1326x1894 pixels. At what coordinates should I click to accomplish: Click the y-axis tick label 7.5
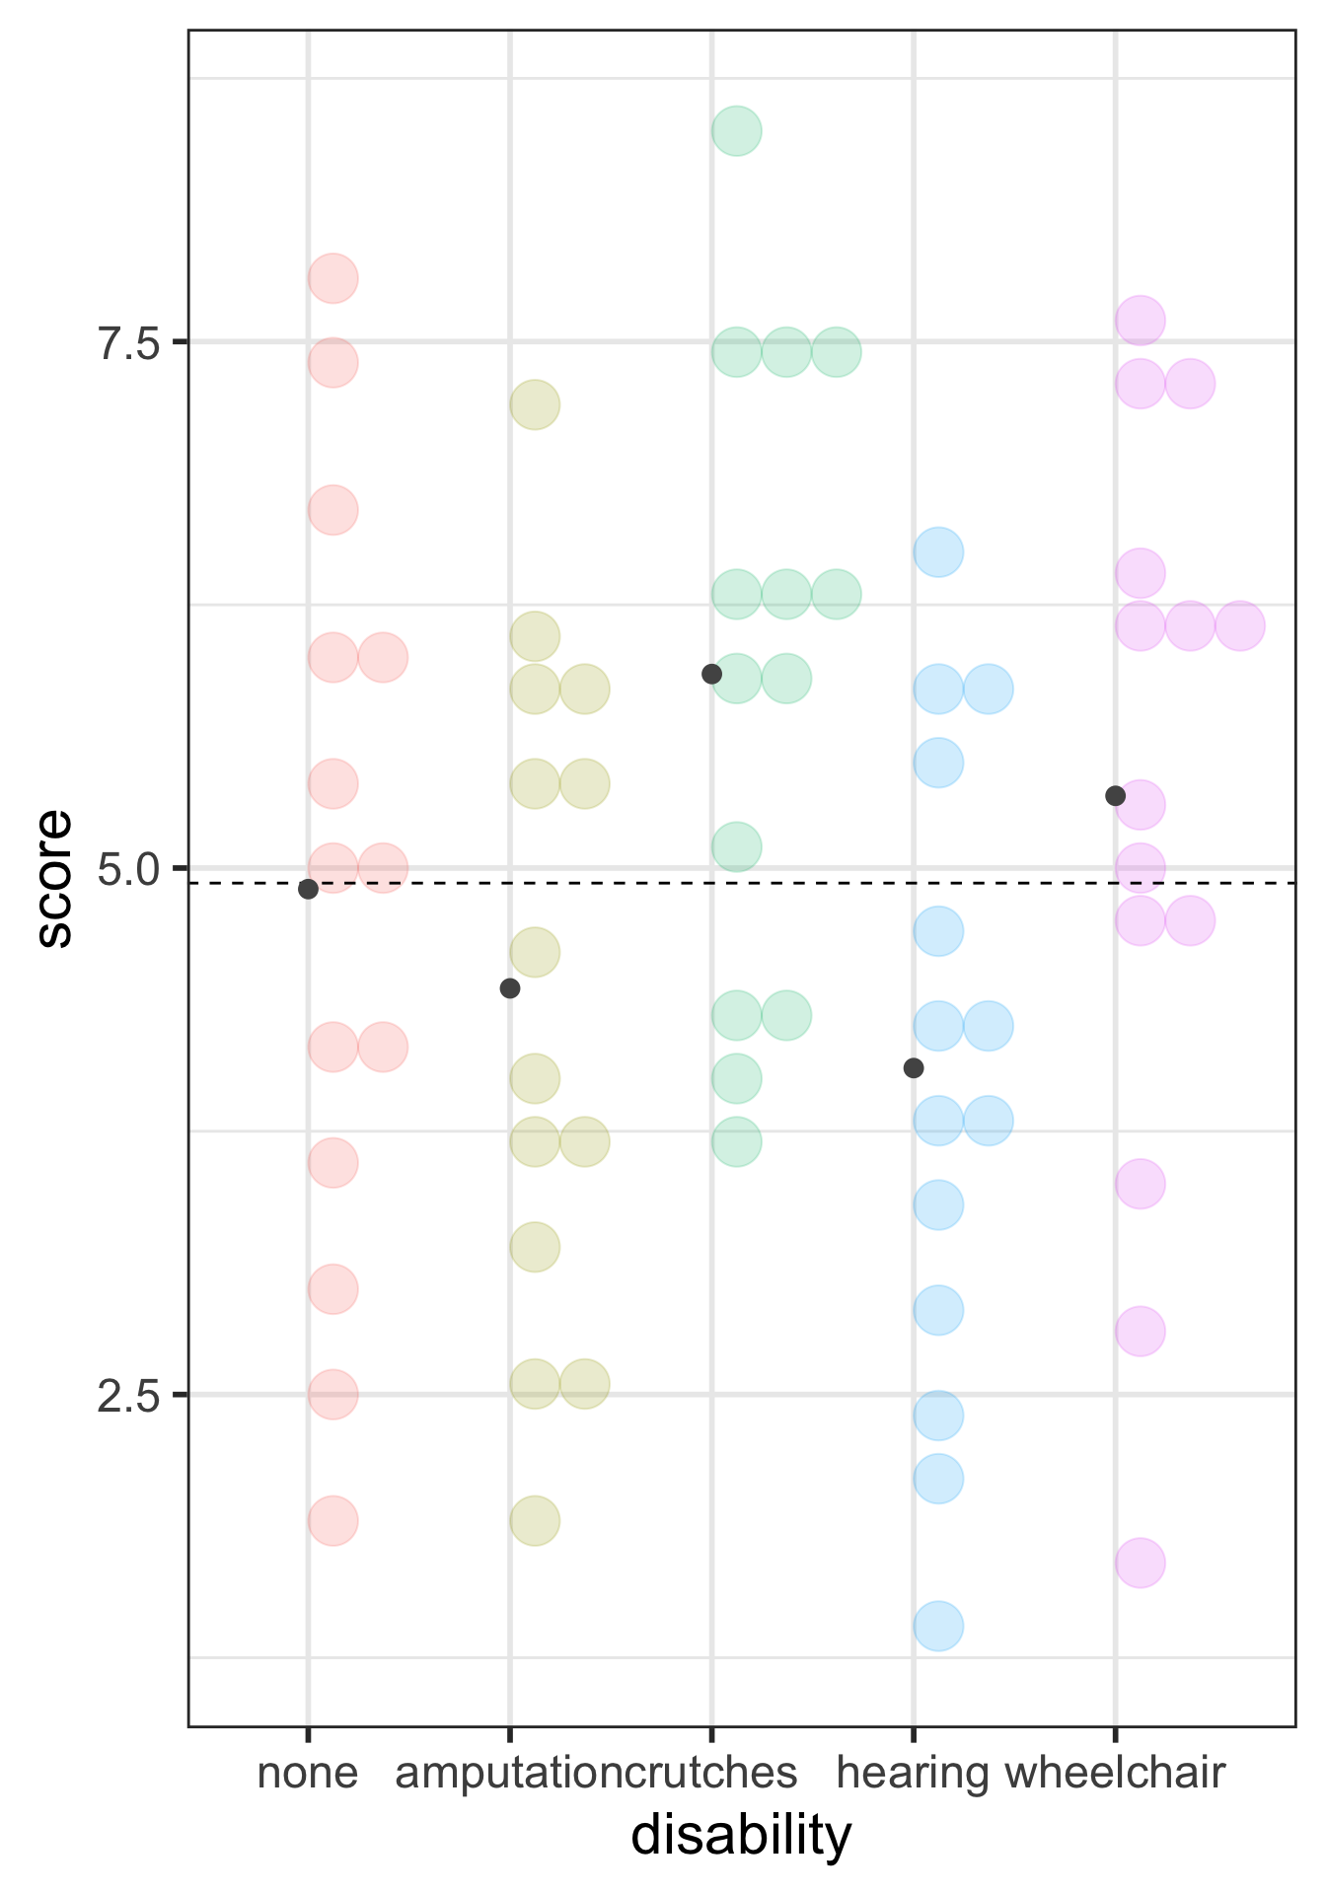pos(128,342)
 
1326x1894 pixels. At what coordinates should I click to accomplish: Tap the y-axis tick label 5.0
pos(128,869)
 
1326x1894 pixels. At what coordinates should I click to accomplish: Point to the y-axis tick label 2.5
pos(128,1396)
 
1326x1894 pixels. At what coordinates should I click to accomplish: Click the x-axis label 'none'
pos(307,1773)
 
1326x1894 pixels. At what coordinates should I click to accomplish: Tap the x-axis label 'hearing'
pos(912,1773)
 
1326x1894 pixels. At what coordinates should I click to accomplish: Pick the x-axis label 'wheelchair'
pos(1115,1773)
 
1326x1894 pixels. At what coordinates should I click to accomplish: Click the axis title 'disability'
pos(741,1836)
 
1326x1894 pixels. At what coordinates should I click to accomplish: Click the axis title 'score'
pos(54,878)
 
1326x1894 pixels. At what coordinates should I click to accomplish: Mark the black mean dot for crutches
pos(711,674)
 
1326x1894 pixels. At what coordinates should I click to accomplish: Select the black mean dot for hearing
pos(914,1067)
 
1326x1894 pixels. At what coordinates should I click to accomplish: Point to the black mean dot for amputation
pos(509,987)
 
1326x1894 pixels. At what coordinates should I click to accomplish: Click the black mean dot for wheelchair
pos(1115,795)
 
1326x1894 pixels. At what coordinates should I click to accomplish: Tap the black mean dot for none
pos(308,889)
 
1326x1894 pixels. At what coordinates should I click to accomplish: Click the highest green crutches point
pos(736,130)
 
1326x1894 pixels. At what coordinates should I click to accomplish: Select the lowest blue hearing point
pos(937,1626)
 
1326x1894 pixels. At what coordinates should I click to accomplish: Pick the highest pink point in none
pos(332,278)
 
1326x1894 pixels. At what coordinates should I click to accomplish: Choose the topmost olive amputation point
pos(535,404)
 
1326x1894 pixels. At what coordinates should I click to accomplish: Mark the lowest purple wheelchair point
pos(1140,1563)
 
